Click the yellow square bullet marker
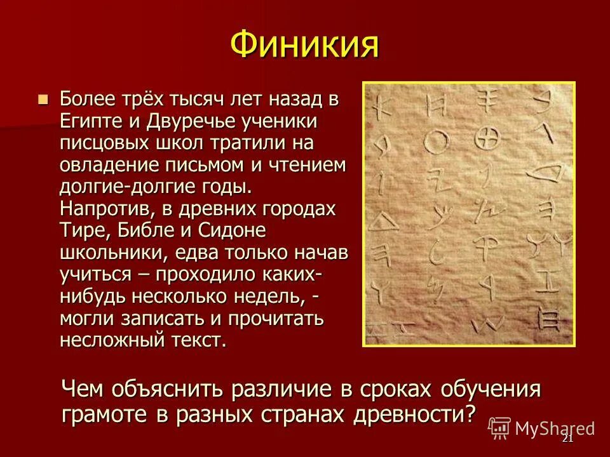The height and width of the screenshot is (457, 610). coord(43,100)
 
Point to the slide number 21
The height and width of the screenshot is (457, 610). coord(568,439)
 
